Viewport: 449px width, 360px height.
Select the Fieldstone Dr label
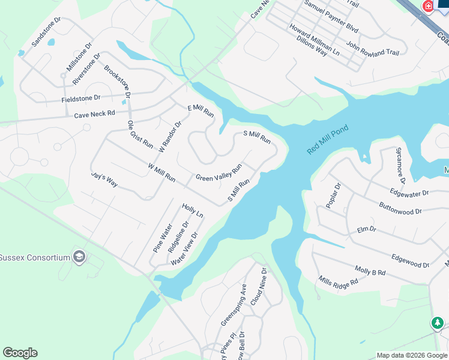pyautogui.click(x=80, y=98)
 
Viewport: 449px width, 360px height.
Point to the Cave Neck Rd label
pyautogui.click(x=94, y=114)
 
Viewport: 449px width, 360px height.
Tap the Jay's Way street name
pyautogui.click(x=104, y=181)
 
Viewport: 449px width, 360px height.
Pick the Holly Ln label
pyautogui.click(x=193, y=211)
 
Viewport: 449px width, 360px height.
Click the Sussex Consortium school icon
pyautogui.click(x=79, y=257)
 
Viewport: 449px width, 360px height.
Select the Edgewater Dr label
pyautogui.click(x=409, y=193)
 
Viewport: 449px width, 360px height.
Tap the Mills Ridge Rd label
pyautogui.click(x=338, y=281)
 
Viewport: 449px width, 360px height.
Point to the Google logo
pyautogui.click(x=20, y=353)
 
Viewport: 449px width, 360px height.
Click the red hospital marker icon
pyautogui.click(x=428, y=6)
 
